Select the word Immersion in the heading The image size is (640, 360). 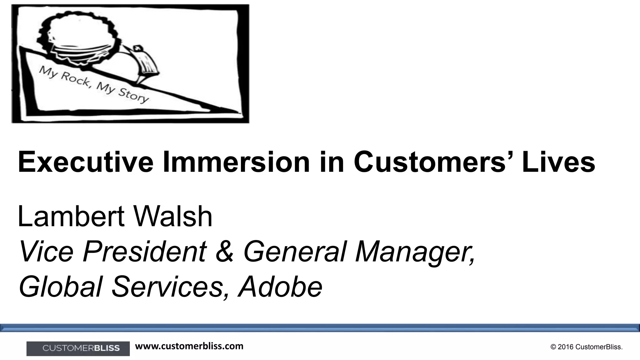point(236,162)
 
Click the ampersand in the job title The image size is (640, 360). point(224,252)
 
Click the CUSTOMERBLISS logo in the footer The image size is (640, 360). point(78,348)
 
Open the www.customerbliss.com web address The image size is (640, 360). point(189,346)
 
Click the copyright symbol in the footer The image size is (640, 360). point(553,347)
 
